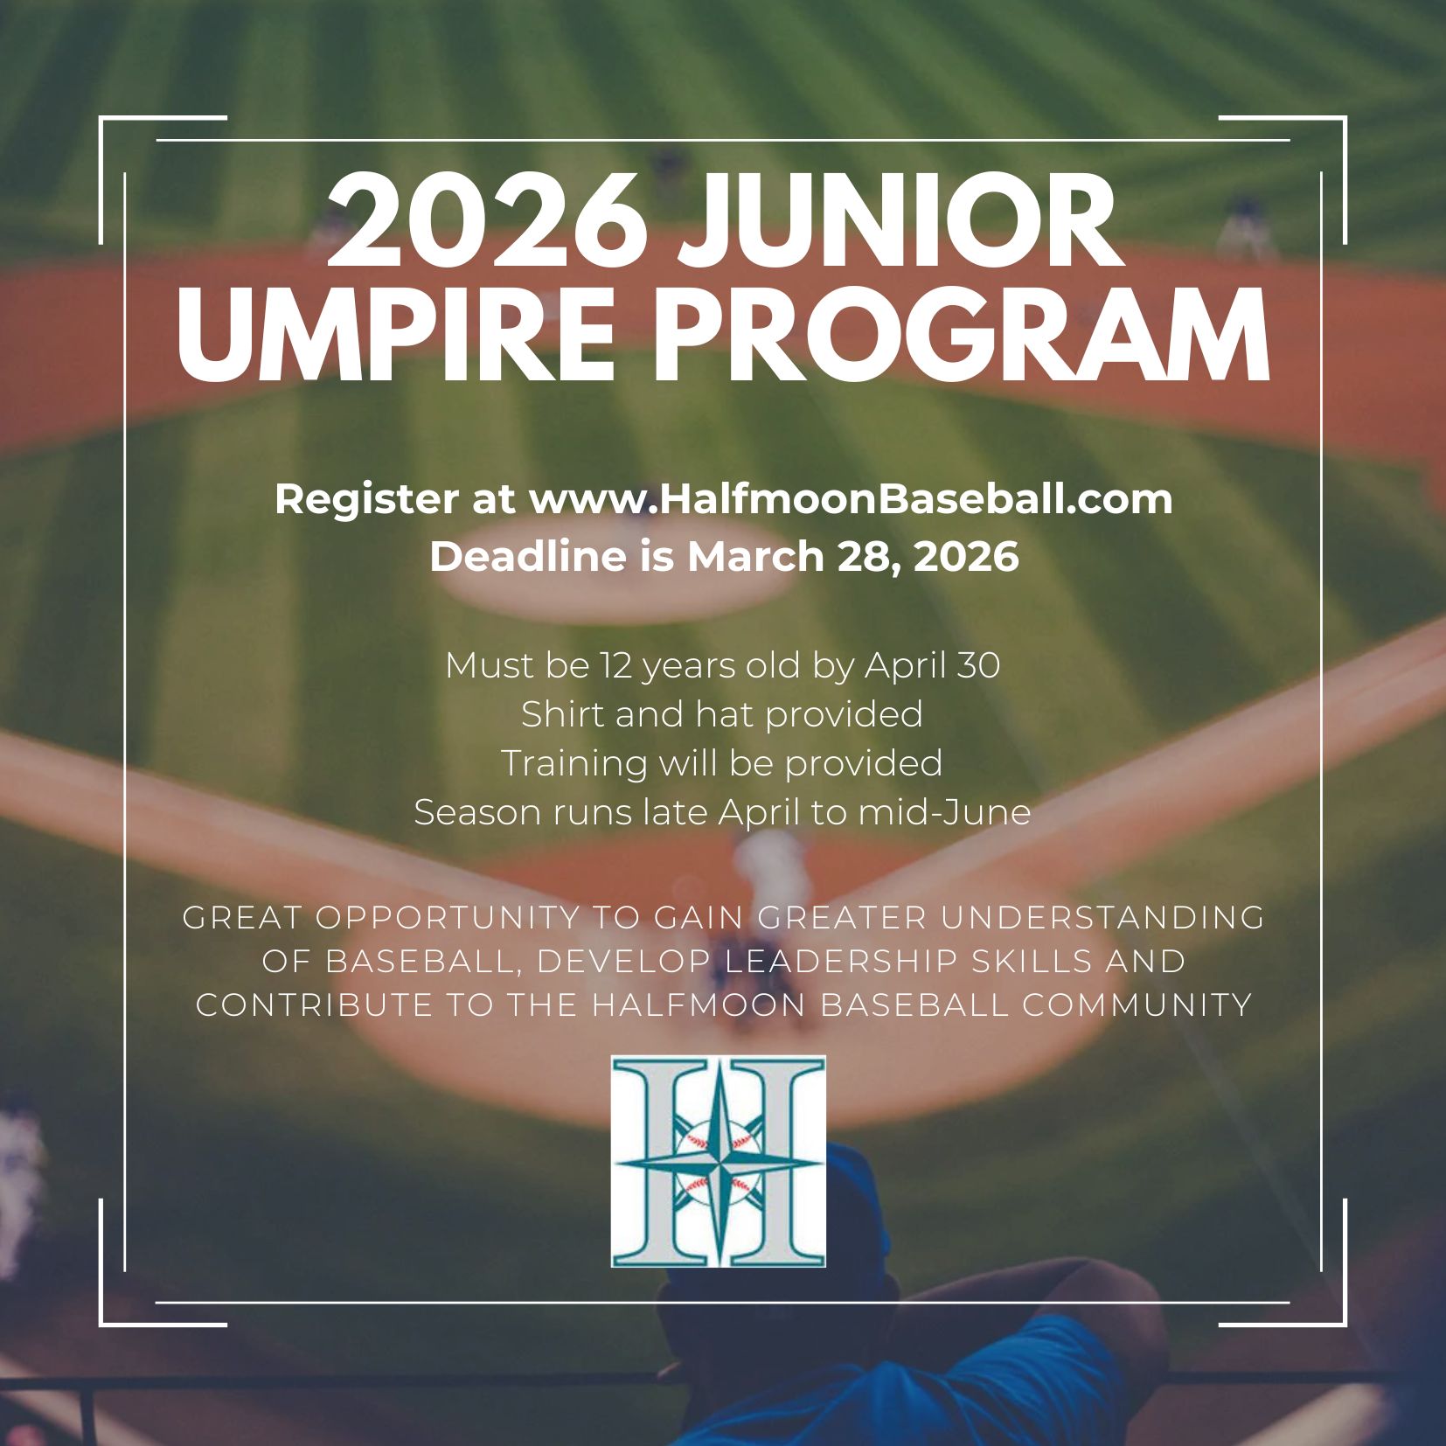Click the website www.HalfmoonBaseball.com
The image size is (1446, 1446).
[851, 499]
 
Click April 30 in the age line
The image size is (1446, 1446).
[933, 667]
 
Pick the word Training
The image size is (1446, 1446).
[574, 764]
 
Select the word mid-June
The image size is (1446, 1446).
[945, 812]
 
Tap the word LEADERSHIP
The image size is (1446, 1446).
[842, 961]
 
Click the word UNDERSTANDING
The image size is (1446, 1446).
[1103, 918]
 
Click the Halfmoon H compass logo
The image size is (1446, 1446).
[719, 1162]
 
